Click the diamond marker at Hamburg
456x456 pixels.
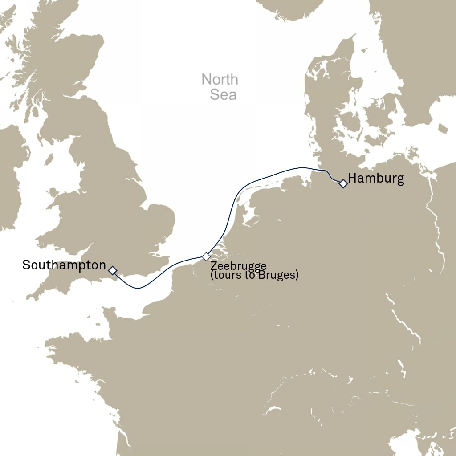(343, 183)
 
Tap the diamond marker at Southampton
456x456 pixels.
(113, 270)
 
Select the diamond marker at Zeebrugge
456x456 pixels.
(206, 256)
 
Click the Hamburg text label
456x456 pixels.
(376, 179)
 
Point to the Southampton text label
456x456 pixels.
(64, 265)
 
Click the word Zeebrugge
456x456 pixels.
(238, 267)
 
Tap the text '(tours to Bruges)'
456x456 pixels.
(254, 275)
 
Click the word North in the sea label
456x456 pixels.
(220, 80)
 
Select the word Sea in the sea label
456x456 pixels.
(223, 94)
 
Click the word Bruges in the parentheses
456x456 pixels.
(279, 275)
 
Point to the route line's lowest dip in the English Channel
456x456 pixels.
(139, 288)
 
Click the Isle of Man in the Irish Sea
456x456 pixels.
(49, 159)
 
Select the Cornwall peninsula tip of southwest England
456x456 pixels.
(31, 296)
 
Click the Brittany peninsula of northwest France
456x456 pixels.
(67, 347)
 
